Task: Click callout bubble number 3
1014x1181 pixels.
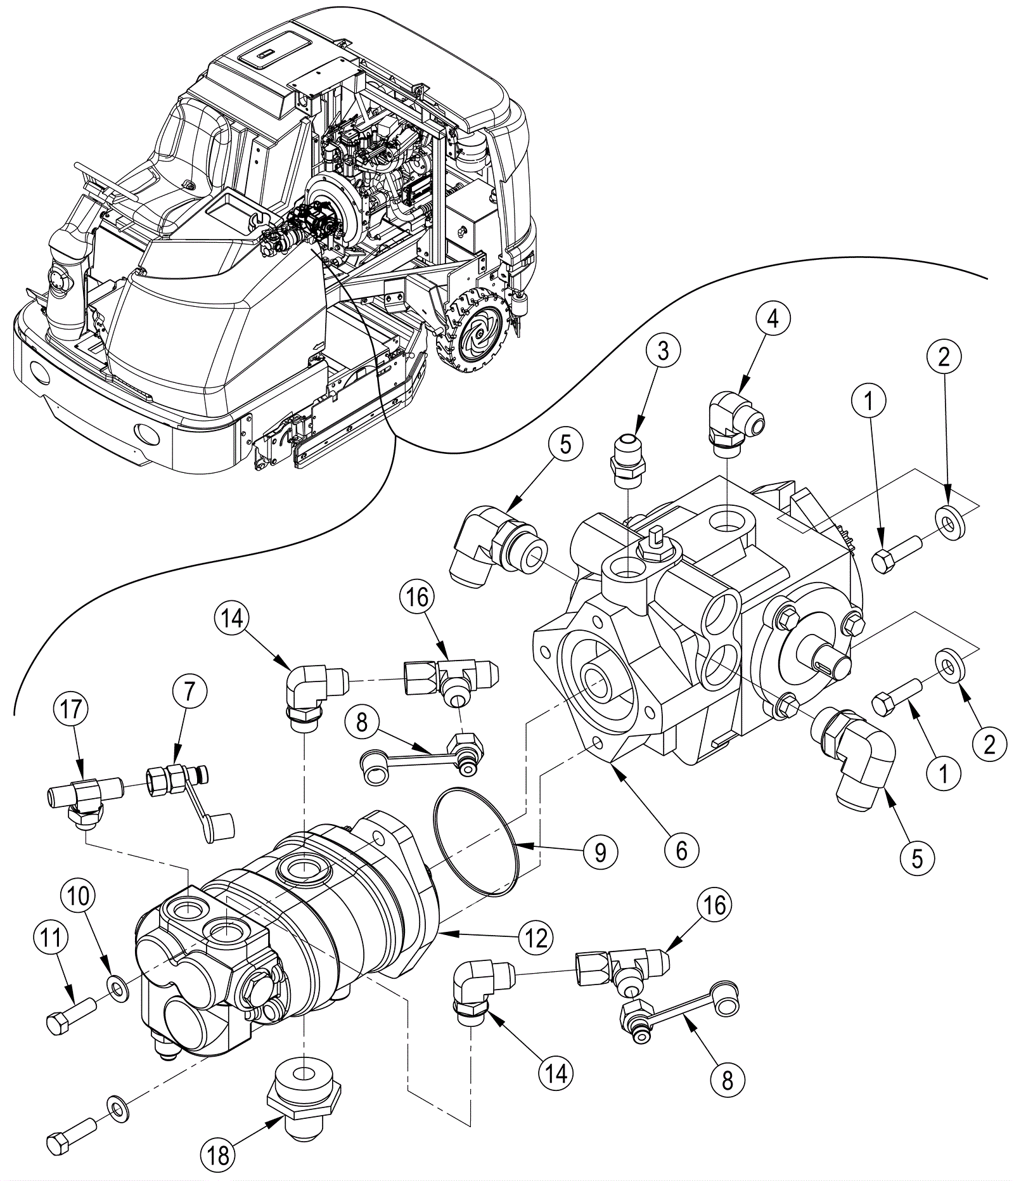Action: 662,351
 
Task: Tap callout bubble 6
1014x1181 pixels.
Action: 681,850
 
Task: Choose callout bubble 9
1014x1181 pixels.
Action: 600,852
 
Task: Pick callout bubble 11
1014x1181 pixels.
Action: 51,937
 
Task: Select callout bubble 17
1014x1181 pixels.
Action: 71,709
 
